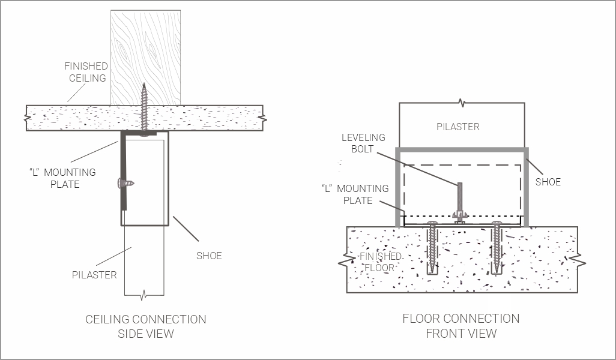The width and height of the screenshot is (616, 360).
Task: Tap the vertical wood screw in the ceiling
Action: [x=144, y=108]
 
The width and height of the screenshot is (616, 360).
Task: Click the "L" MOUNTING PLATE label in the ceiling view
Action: [x=62, y=178]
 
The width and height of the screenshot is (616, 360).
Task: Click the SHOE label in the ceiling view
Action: [x=209, y=256]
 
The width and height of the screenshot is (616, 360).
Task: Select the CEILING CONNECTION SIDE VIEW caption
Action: [x=146, y=326]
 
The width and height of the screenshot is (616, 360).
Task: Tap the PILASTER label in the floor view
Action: [x=457, y=127]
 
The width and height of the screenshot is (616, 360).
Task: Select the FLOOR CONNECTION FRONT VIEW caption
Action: [x=460, y=326]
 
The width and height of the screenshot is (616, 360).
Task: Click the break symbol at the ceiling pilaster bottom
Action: [x=144, y=295]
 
